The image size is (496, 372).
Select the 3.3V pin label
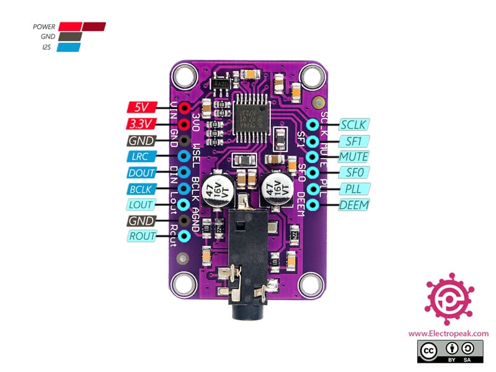tap(141, 123)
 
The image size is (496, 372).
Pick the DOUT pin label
tap(141, 172)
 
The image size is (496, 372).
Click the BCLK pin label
tap(141, 188)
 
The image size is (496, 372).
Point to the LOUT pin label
tap(141, 205)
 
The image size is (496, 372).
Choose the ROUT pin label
tap(141, 236)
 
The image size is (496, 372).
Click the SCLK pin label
tap(353, 124)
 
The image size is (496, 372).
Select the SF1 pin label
tap(353, 140)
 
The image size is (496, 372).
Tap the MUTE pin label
tap(353, 156)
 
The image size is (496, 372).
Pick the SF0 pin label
tap(353, 172)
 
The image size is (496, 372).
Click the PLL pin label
tap(353, 188)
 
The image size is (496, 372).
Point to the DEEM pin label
tap(353, 205)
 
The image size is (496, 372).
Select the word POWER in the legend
tap(45, 27)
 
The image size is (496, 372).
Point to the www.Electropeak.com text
tap(448, 334)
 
